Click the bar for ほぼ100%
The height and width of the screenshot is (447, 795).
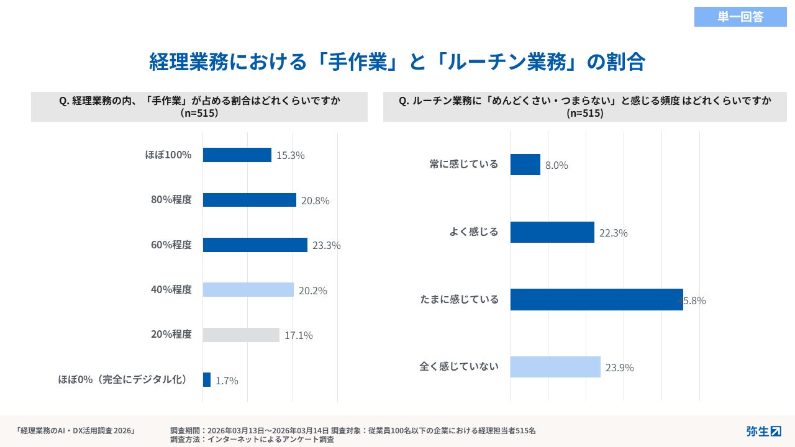[x=237, y=155]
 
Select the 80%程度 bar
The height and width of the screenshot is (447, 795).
[x=250, y=200]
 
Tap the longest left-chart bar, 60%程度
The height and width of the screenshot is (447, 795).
[x=255, y=245]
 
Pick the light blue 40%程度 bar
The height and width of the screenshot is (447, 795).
[x=248, y=290]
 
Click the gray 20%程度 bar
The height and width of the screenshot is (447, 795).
[x=242, y=335]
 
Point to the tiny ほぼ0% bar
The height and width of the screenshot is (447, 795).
[x=207, y=380]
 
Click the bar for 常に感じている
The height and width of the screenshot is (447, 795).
[x=525, y=165]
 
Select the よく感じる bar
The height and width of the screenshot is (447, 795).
[x=552, y=232]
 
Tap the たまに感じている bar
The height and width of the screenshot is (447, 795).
[x=596, y=299]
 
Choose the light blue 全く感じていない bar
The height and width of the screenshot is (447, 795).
[x=555, y=367]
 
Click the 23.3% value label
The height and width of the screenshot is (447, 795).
[x=327, y=245]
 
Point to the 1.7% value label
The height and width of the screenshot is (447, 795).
[x=227, y=381]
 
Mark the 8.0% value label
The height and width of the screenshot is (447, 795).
[x=556, y=166]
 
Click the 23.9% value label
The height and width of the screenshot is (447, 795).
[x=619, y=368]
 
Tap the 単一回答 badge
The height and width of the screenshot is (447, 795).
[x=740, y=17]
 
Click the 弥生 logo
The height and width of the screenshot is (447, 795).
[x=763, y=431]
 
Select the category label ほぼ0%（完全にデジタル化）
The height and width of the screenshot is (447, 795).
[x=123, y=379]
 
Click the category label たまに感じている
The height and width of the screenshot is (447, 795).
[x=459, y=300]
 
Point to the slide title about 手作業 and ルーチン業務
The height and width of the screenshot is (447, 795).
[x=397, y=62]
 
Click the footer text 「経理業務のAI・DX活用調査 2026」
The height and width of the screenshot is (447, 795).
[x=75, y=430]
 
